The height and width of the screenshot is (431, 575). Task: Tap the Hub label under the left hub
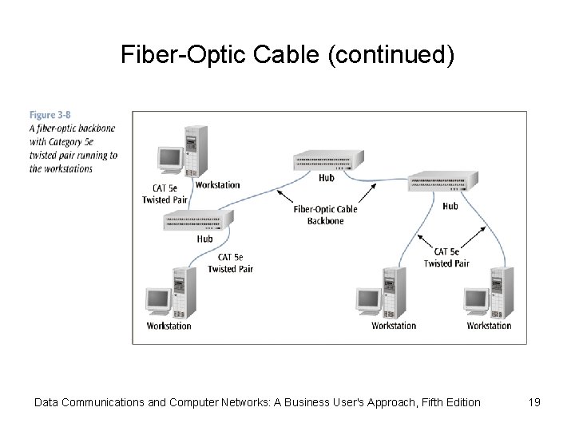point(204,239)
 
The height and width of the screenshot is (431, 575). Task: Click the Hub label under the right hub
point(450,206)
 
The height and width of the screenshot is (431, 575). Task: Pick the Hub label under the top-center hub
point(326,178)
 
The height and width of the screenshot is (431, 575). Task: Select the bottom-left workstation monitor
point(157,301)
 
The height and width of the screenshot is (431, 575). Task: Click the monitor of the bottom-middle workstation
point(368,301)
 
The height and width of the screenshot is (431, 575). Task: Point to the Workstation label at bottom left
point(169,326)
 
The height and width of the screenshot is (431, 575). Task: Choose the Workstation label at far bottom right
point(489,326)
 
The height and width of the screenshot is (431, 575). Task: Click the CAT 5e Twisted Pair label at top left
point(161,194)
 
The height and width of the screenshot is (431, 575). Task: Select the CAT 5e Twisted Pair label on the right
point(446,258)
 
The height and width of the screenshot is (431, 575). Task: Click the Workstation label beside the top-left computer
point(217,185)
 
